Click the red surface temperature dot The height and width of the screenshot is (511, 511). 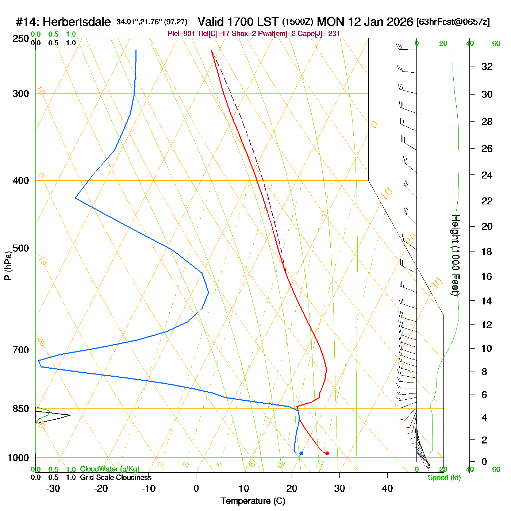coord(327,453)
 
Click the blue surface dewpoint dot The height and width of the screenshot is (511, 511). coord(301,453)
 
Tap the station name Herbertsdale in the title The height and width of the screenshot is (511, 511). coord(77,22)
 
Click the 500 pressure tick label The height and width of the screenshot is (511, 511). coord(21,248)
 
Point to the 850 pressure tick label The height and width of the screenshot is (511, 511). coord(21,409)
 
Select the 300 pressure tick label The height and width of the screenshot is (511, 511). coord(21,94)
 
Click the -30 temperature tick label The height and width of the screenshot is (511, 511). coord(53,488)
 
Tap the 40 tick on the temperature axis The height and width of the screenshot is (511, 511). coord(387,488)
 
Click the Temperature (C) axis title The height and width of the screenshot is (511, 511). coord(253,501)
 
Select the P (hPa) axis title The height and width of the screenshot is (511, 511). coord(8,265)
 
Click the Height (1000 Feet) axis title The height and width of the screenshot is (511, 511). coord(456,255)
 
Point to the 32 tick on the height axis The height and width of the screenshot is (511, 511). coord(487,67)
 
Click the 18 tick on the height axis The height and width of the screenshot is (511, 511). coord(487,251)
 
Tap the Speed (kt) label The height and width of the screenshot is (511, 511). coord(444,478)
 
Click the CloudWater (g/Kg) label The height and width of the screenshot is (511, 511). coord(109,469)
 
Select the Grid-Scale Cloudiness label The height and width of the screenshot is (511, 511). coord(116,477)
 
